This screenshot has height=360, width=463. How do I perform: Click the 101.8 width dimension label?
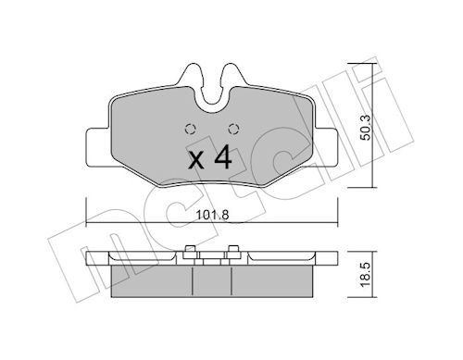[x=213, y=215]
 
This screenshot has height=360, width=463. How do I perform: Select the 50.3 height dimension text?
[x=366, y=128]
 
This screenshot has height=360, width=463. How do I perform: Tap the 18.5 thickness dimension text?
[x=366, y=275]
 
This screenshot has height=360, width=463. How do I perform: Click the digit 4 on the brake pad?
[x=223, y=157]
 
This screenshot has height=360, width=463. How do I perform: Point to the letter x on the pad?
[x=196, y=160]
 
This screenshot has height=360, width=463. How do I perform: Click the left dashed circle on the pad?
[x=190, y=129]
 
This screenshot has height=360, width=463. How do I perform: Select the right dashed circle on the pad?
[x=233, y=129]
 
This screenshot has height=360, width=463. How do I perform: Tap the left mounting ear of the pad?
[x=98, y=147]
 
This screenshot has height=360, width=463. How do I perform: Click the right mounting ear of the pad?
[x=326, y=147]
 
